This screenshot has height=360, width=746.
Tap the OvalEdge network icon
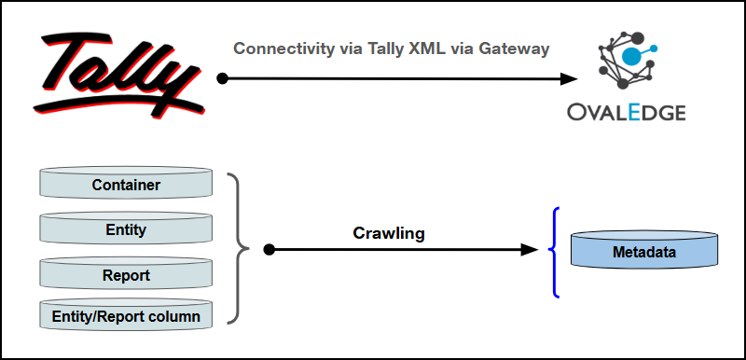tap(626, 61)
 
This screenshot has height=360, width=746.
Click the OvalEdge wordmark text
tap(626, 113)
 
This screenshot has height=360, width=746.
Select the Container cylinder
tap(126, 182)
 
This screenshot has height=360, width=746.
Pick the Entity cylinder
tap(126, 228)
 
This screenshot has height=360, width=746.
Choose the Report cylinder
tap(126, 273)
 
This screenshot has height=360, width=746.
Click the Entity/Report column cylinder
tap(126, 314)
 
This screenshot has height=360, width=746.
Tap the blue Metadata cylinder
tap(644, 249)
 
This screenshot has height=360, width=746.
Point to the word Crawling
tap(389, 233)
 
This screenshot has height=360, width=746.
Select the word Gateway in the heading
tap(514, 49)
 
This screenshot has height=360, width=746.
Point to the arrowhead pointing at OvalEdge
tap(569, 79)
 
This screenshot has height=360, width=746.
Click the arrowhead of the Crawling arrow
tap(530, 249)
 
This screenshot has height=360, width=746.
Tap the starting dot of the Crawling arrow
tap(269, 249)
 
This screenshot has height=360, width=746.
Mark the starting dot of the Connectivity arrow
tap(222, 79)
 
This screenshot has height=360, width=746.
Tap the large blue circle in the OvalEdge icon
tap(631, 55)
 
